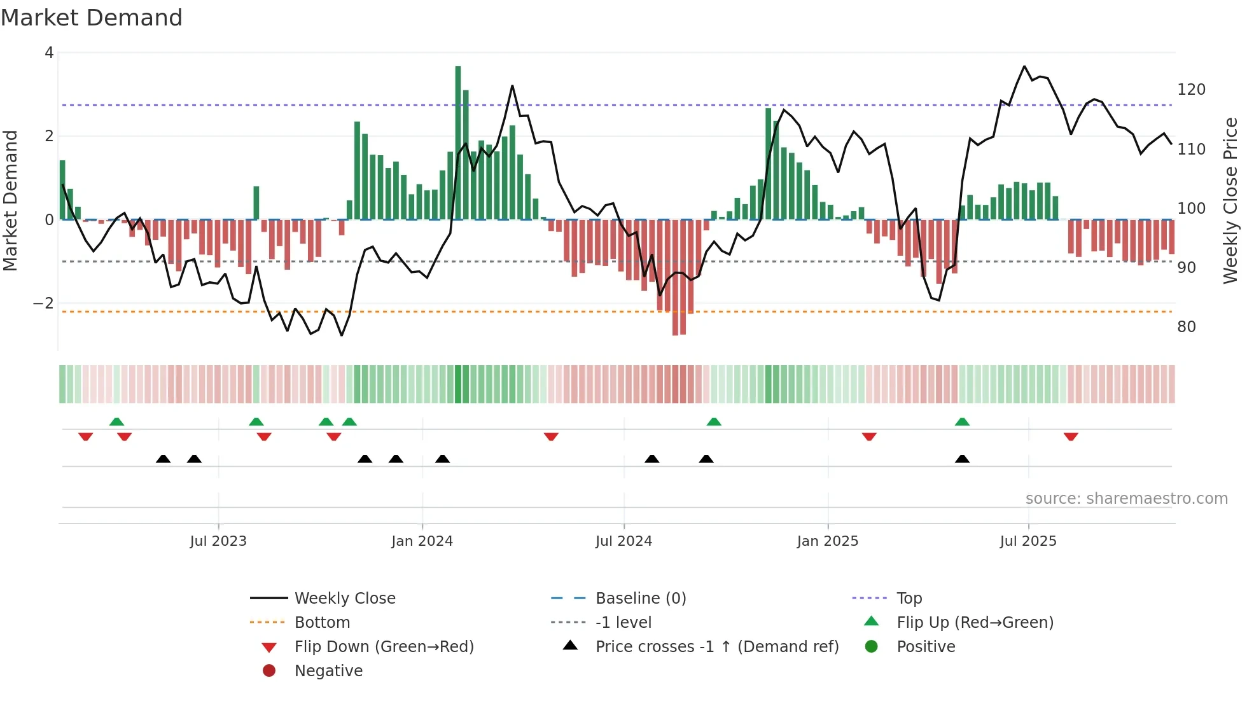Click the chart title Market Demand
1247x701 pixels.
(x=92, y=18)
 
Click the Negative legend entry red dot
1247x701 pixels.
(x=269, y=670)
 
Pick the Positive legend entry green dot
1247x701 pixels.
(x=872, y=646)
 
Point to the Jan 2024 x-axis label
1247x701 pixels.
(x=422, y=541)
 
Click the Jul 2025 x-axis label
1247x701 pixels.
(x=1028, y=541)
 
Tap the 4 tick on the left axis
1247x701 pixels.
(x=49, y=53)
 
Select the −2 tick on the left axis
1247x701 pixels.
(x=43, y=303)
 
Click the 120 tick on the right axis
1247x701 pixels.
(x=1191, y=90)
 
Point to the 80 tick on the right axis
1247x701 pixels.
(x=1186, y=327)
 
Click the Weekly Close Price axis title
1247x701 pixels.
(x=1230, y=200)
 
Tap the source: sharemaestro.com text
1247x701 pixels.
(x=1126, y=499)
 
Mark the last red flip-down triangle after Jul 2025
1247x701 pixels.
(x=1071, y=436)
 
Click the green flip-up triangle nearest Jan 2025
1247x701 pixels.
(x=714, y=422)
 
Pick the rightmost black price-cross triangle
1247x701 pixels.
(x=962, y=459)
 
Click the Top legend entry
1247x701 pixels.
(x=909, y=598)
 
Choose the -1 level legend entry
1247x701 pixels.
(x=623, y=622)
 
